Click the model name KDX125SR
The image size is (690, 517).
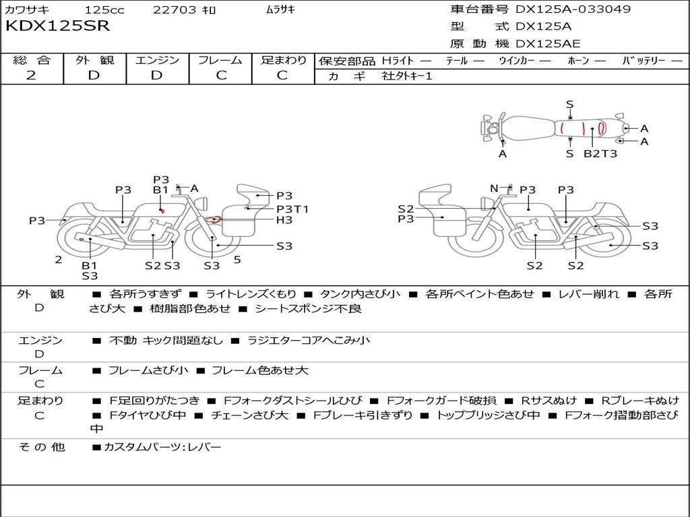coord(57,26)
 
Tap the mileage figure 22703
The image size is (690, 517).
coord(175,10)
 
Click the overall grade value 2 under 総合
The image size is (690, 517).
coord(31,75)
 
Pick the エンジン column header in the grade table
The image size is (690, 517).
coord(157,60)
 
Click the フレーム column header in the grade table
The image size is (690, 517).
coord(220,60)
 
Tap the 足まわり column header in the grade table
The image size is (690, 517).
coord(284,60)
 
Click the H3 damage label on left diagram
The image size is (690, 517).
coord(284,220)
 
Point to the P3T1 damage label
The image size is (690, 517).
coord(292,209)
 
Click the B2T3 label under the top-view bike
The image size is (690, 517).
coord(600,153)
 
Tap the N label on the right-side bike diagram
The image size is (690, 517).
coord(494,188)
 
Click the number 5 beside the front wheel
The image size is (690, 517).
coord(237,259)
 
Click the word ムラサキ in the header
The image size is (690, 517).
coord(280,10)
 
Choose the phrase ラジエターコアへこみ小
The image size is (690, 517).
coord(308,341)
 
